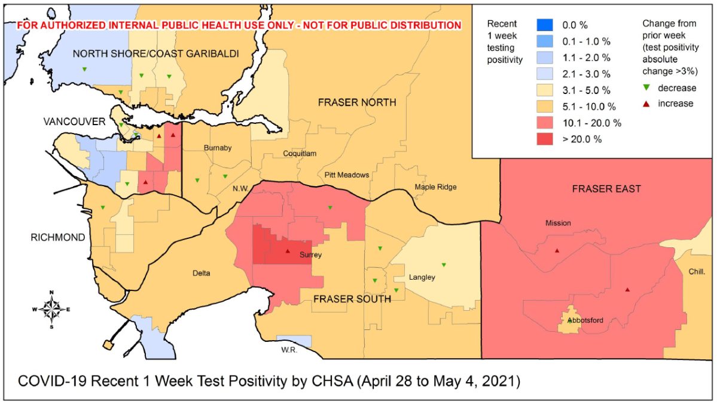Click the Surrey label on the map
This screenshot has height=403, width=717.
click(x=310, y=254)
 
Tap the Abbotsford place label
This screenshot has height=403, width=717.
click(x=585, y=320)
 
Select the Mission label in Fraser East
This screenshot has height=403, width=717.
click(x=557, y=223)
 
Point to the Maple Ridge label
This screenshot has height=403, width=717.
click(x=435, y=187)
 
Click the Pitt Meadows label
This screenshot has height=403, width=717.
click(x=347, y=175)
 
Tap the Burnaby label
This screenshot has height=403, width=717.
click(x=216, y=147)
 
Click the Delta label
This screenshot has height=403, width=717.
click(x=202, y=274)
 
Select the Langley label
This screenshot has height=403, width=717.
click(x=422, y=277)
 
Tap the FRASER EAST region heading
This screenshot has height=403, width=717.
click(x=606, y=189)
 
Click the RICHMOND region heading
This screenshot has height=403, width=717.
click(x=58, y=238)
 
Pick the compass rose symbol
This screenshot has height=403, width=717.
click(x=52, y=309)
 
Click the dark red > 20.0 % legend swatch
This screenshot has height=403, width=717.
click(x=544, y=139)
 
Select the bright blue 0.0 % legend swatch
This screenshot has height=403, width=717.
click(x=544, y=26)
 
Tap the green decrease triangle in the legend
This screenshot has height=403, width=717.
click(x=648, y=89)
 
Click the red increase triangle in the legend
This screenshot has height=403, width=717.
click(x=648, y=104)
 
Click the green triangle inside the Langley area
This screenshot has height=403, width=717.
click(x=444, y=265)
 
